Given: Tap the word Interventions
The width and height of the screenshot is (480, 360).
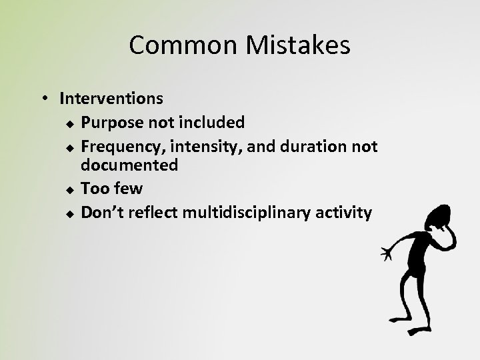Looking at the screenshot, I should (111, 99).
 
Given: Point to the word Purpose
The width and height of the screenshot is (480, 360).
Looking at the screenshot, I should (110, 123).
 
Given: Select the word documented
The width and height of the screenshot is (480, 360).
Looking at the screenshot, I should (129, 165).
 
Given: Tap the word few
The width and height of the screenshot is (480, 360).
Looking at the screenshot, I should (128, 189).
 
